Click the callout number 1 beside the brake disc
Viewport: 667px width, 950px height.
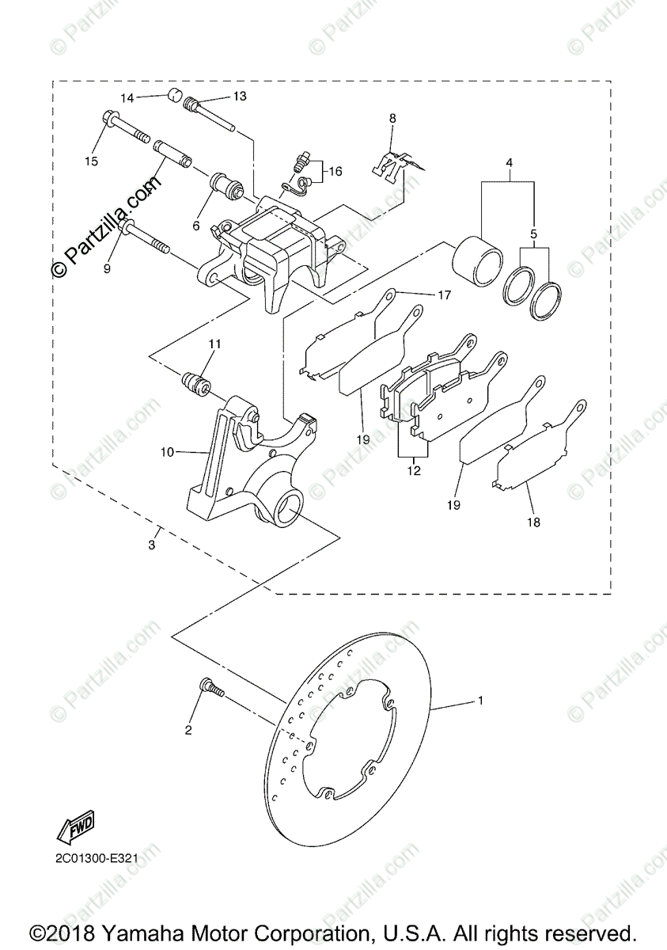[479, 701]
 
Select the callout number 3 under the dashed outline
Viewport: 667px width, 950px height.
[152, 545]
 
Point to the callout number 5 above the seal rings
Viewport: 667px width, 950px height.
[533, 234]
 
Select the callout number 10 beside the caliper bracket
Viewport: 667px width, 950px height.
[167, 452]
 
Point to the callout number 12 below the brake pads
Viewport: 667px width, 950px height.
[413, 470]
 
